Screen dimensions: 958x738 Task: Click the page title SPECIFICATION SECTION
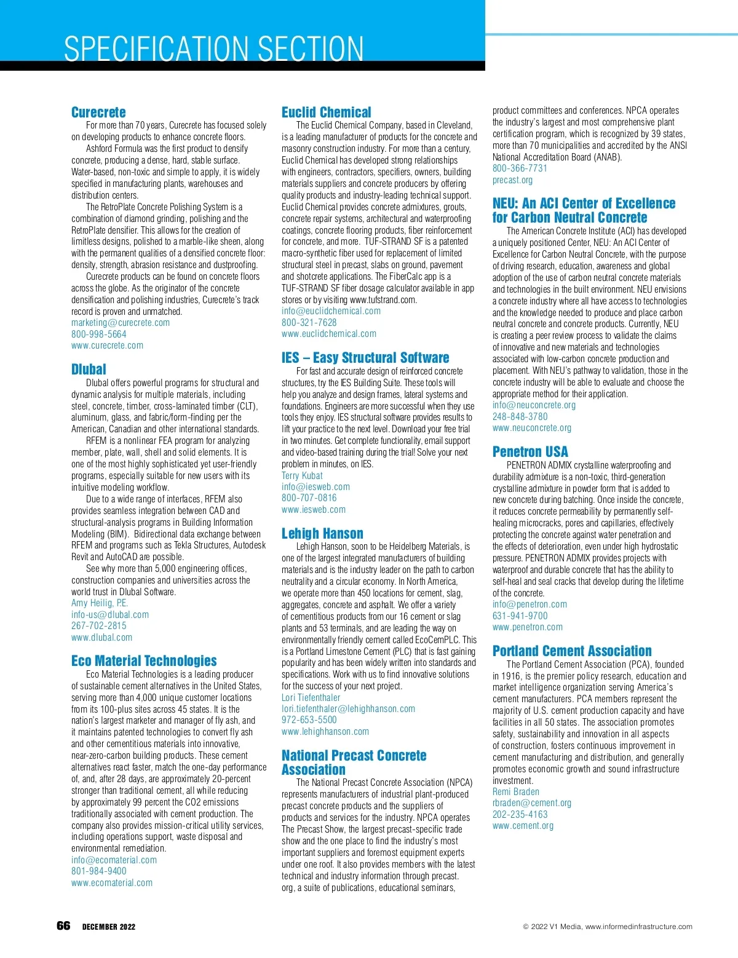click(x=213, y=49)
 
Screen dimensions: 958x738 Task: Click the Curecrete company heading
click(x=98, y=113)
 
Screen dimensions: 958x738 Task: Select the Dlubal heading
click(x=89, y=370)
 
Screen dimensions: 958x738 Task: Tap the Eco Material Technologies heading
click(x=144, y=661)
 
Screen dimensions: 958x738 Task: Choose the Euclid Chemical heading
click(x=326, y=113)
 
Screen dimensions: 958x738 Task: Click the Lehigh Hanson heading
click(x=322, y=534)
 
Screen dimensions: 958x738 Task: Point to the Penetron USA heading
click(x=530, y=452)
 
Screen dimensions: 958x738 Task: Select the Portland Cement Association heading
click(x=572, y=651)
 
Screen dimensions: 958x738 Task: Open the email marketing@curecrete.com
click(x=121, y=323)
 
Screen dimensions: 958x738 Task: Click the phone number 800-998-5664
click(x=99, y=335)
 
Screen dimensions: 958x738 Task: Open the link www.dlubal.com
click(x=101, y=638)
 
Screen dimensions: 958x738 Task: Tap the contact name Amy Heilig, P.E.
click(x=100, y=603)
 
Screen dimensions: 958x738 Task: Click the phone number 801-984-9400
click(x=99, y=871)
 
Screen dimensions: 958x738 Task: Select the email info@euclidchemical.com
click(x=331, y=311)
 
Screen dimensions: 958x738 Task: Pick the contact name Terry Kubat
click(x=302, y=476)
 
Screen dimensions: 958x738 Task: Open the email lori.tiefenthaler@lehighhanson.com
click(x=348, y=709)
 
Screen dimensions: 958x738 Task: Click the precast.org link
click(x=512, y=180)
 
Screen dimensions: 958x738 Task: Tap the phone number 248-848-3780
click(x=520, y=416)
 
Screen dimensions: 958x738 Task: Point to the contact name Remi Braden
click(x=515, y=792)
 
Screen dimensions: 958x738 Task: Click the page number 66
click(x=63, y=926)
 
